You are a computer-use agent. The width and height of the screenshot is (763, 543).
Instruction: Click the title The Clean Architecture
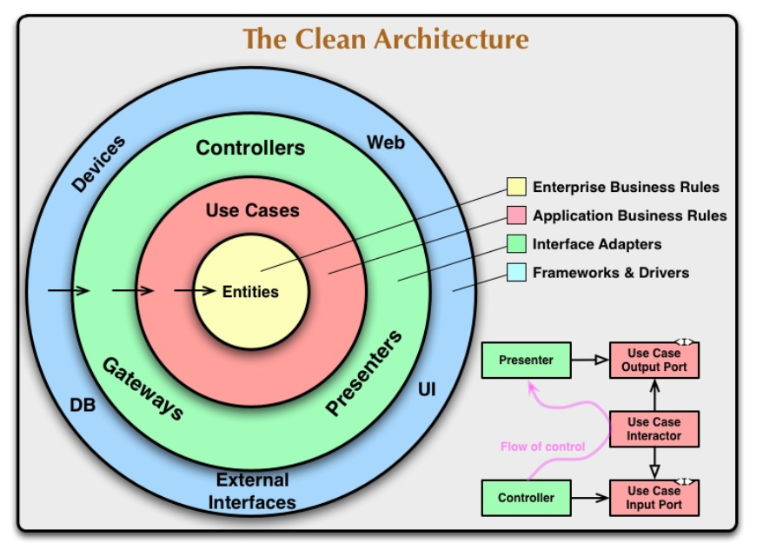tap(385, 39)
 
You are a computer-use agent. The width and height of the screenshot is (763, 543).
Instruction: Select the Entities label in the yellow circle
tap(250, 292)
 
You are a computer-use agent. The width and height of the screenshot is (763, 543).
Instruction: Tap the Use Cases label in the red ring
tap(252, 210)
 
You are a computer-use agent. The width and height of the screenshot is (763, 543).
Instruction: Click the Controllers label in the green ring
tap(250, 148)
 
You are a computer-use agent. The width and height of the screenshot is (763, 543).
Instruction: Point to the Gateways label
tap(143, 388)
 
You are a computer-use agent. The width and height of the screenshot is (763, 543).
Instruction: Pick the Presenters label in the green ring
tap(364, 373)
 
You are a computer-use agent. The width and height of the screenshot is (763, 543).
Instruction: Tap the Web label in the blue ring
tap(385, 142)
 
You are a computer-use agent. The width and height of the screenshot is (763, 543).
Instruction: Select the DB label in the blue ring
tap(83, 405)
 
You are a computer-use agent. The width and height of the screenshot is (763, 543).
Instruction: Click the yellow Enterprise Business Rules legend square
tap(516, 187)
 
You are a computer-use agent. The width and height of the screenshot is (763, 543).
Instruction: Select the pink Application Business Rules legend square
tap(516, 215)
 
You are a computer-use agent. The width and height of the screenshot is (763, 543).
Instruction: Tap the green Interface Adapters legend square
tap(516, 244)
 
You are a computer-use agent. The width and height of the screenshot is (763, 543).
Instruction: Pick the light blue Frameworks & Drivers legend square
tap(516, 273)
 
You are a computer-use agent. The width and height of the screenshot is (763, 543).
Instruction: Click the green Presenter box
tap(527, 360)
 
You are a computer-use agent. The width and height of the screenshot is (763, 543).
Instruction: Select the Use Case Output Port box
tap(654, 360)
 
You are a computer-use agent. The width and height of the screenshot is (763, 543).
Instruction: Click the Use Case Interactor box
tap(654, 429)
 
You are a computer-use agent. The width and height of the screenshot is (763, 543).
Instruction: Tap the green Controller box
tap(527, 498)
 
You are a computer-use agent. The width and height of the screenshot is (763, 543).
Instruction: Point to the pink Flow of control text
tap(542, 447)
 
